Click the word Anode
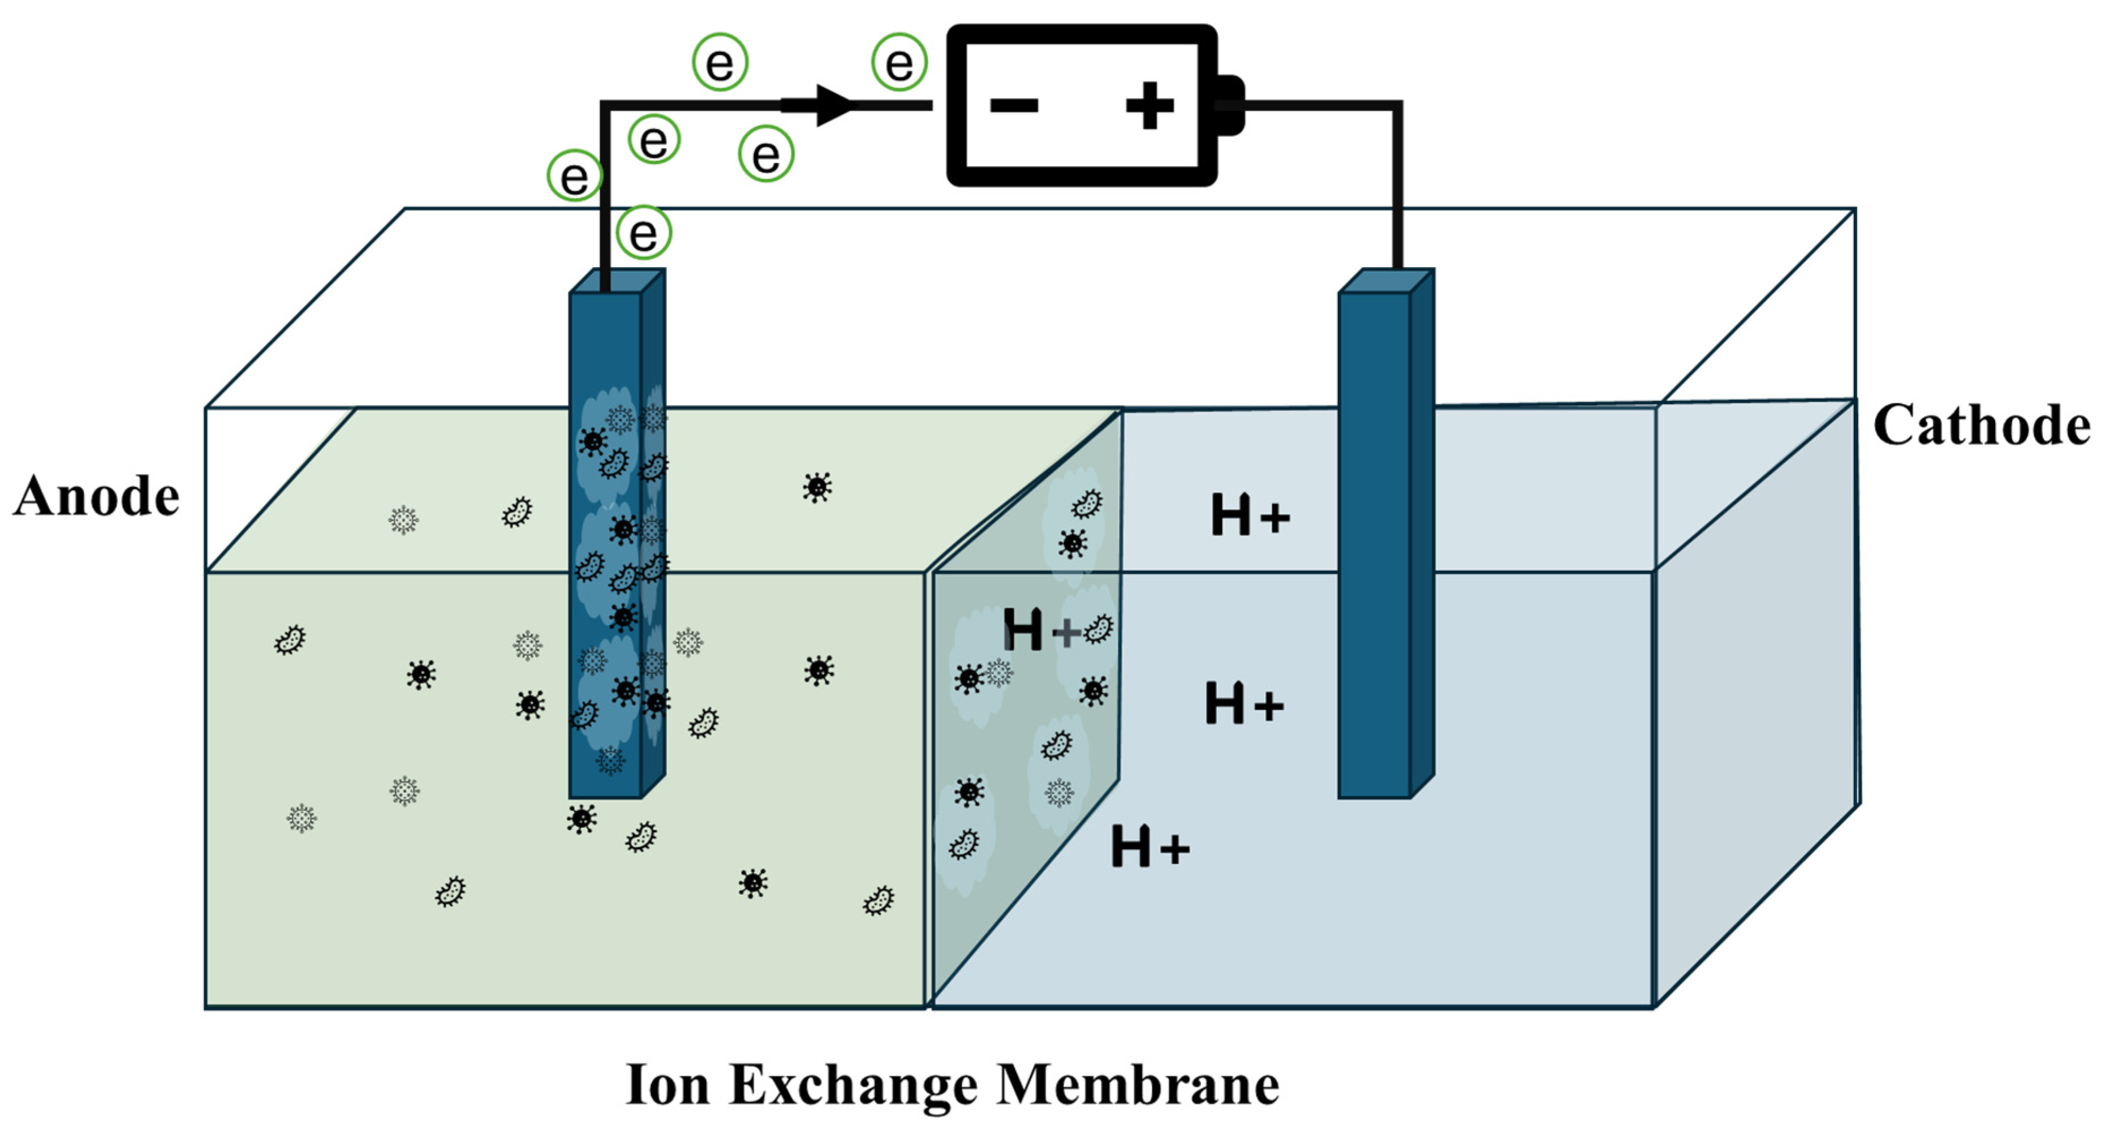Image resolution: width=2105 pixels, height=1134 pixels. click(96, 496)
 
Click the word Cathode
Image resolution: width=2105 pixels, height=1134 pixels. click(1981, 426)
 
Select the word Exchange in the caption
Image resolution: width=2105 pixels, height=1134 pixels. click(853, 1086)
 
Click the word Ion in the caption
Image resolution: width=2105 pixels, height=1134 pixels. click(667, 1086)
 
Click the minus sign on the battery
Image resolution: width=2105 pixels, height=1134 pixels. click(1013, 105)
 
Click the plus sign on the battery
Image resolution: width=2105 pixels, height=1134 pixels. click(1149, 105)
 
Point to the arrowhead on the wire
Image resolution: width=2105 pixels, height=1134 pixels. click(833, 105)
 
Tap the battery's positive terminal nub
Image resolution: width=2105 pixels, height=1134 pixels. click(1230, 105)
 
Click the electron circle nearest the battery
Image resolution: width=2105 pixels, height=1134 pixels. click(899, 62)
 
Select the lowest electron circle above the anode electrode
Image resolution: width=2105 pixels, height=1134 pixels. click(643, 233)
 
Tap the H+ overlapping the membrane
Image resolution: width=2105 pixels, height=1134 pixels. click(1041, 630)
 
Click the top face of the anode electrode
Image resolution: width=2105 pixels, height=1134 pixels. click(617, 281)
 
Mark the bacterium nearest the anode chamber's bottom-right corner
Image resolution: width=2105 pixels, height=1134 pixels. click(879, 900)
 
